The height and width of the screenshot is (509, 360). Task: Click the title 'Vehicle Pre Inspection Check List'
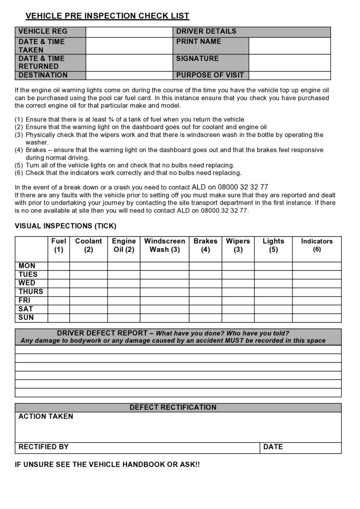point(107,16)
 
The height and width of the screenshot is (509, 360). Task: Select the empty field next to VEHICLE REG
point(129,32)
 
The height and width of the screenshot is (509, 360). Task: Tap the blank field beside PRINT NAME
point(289,46)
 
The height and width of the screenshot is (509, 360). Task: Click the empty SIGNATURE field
point(289,62)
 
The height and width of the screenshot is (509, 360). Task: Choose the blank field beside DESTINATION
point(129,75)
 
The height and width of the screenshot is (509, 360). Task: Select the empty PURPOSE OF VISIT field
point(289,75)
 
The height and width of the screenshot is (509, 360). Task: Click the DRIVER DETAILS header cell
point(252,31)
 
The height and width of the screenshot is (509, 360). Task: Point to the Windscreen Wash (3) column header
point(165,245)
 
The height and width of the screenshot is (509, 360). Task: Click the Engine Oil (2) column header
point(123,245)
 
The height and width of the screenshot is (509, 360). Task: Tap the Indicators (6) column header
point(317,245)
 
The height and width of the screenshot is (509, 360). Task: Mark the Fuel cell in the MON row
point(58,266)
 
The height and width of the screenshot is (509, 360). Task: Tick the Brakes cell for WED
point(205,283)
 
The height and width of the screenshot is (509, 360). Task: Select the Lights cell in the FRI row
point(273,301)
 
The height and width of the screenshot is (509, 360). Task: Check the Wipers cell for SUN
point(238,318)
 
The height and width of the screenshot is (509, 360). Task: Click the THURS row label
point(31,292)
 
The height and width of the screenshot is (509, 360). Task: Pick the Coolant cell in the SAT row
point(88,309)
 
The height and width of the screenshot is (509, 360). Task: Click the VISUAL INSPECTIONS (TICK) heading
point(66,226)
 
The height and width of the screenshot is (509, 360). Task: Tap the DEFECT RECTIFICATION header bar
point(178,407)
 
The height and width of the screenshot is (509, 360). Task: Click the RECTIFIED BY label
point(44,447)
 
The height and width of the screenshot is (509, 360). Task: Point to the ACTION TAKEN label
point(46,416)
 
